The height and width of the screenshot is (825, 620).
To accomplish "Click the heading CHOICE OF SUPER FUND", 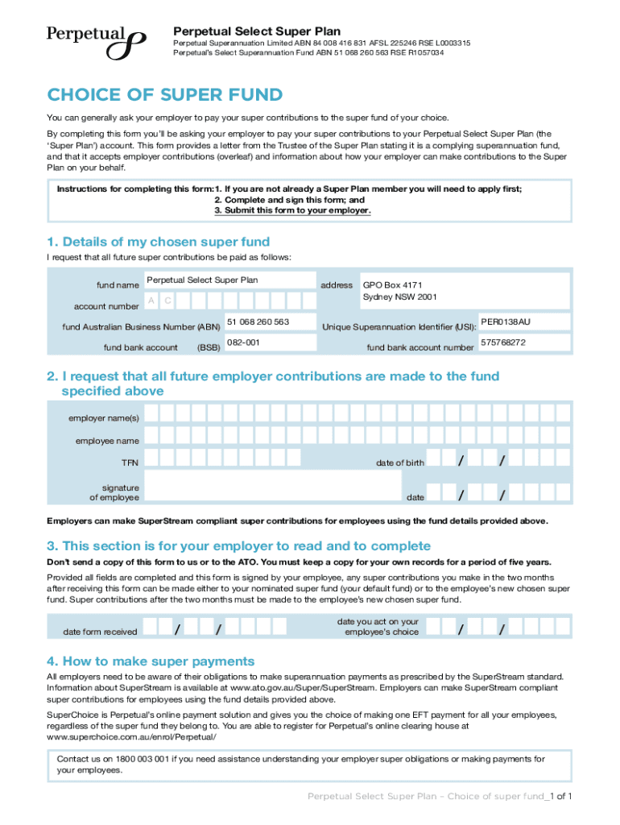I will pyautogui.click(x=165, y=95).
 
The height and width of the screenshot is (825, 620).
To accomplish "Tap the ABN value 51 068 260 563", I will pyautogui.click(x=258, y=322).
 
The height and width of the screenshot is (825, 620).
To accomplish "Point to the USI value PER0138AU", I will pyautogui.click(x=506, y=322).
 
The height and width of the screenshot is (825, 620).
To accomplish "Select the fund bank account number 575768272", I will pyautogui.click(x=503, y=342).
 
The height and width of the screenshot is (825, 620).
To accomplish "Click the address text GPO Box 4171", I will pyautogui.click(x=392, y=284).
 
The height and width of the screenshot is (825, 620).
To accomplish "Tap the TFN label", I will pyautogui.click(x=130, y=463).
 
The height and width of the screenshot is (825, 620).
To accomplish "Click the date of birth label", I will pyautogui.click(x=399, y=463).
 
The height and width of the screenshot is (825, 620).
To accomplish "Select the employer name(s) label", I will pyautogui.click(x=103, y=418).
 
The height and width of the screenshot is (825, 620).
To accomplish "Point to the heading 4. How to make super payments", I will pyautogui.click(x=151, y=661).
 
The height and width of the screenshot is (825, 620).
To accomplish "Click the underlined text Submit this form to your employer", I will pyautogui.click(x=292, y=210).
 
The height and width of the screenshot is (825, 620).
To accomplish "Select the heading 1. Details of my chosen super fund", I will pyautogui.click(x=158, y=242).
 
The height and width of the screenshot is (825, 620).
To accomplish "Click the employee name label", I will pyautogui.click(x=107, y=441).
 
